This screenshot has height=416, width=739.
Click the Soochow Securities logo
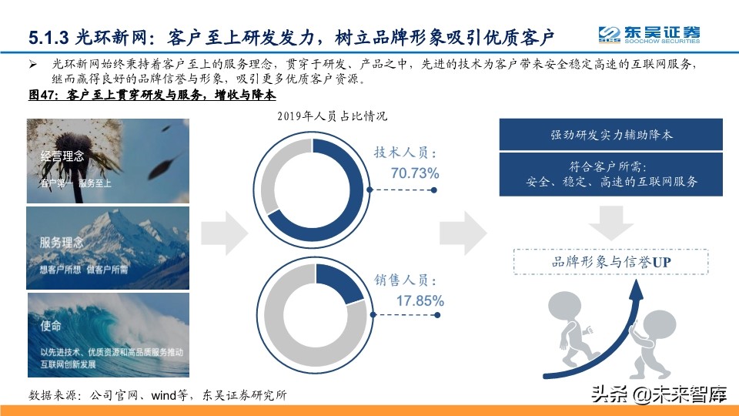tap(650, 35)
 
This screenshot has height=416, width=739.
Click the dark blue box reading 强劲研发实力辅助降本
tap(612, 134)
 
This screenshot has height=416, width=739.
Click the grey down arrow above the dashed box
tap(612, 221)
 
